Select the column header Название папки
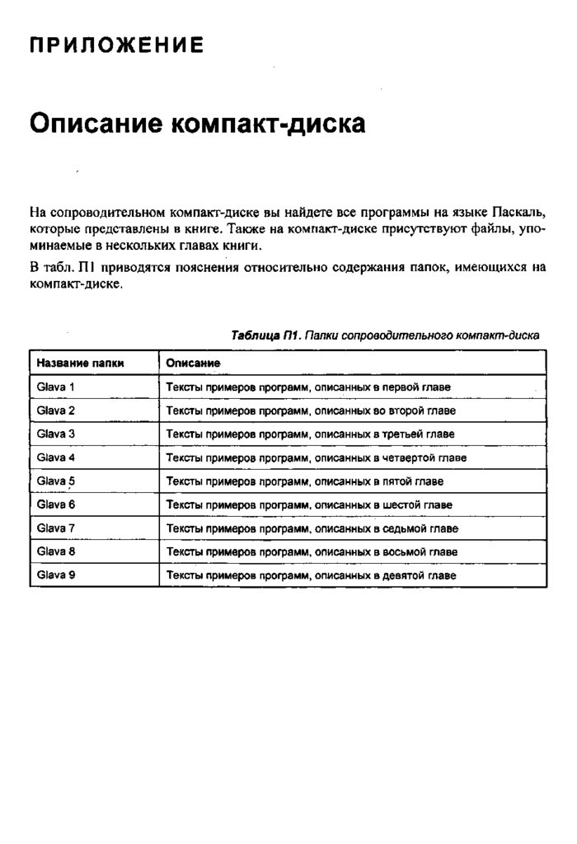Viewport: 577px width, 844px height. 80,363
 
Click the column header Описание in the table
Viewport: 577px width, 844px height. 193,363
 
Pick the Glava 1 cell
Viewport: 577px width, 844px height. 56,387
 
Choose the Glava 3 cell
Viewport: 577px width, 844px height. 56,434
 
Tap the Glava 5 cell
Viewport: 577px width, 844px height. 56,481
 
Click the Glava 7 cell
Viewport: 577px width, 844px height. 56,527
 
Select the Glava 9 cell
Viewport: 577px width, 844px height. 56,575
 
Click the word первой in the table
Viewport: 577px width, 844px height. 401,387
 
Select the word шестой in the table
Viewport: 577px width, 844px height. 402,504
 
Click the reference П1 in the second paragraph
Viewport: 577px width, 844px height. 87,268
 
